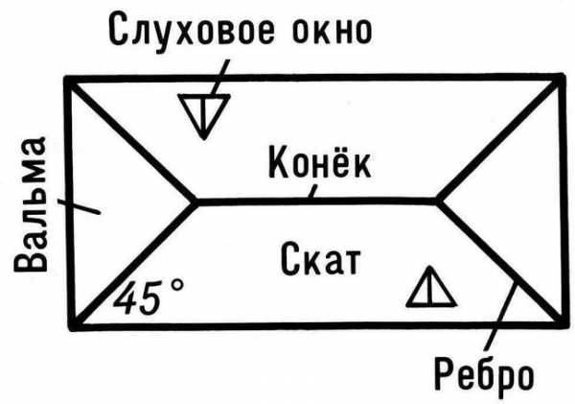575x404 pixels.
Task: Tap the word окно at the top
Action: (x=333, y=29)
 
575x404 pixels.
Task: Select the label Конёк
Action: (x=319, y=162)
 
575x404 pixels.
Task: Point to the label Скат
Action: (x=320, y=258)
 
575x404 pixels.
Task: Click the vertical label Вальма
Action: (x=31, y=204)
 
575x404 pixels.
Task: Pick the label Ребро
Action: (x=484, y=376)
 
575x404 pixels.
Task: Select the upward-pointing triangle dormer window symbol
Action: (x=431, y=287)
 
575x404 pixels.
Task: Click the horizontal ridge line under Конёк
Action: (x=316, y=202)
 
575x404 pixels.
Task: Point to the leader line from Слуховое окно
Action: (x=220, y=78)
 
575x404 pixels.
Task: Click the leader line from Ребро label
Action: (x=501, y=316)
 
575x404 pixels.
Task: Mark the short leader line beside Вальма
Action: (x=80, y=206)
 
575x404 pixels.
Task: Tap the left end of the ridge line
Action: (x=195, y=202)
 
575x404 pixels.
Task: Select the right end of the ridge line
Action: (x=438, y=202)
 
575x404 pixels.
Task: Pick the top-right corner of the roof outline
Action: (x=561, y=78)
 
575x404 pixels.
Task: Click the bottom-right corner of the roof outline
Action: (x=564, y=322)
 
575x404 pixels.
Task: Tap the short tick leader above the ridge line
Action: (x=312, y=192)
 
